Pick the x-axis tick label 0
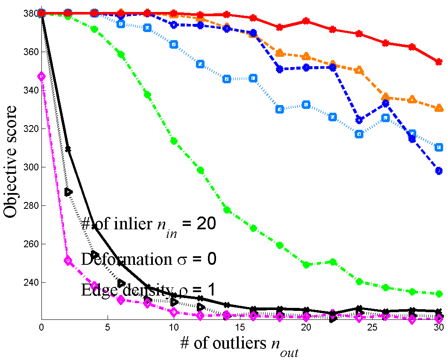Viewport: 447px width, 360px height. click(41, 328)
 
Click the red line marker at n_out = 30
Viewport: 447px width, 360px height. click(438, 62)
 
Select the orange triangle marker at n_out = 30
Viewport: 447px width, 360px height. click(438, 108)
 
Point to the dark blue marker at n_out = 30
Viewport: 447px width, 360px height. click(438, 171)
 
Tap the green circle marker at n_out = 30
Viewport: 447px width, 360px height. click(438, 294)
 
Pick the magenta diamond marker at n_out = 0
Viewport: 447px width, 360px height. click(41, 76)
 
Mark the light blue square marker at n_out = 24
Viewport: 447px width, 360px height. click(359, 135)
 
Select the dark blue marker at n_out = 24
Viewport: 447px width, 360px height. click(359, 120)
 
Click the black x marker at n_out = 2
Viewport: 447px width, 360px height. click(68, 149)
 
